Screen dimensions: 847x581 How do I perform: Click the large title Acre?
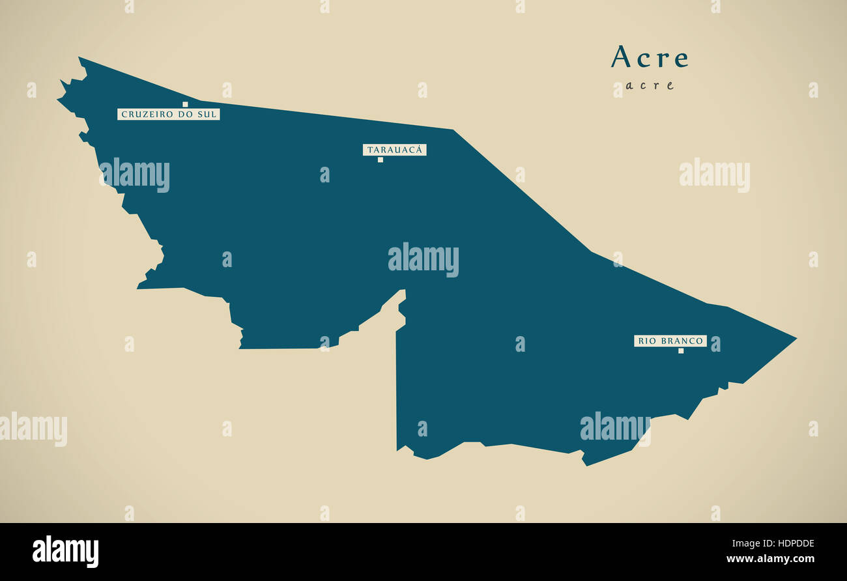pos(650,57)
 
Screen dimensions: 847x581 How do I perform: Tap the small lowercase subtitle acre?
pos(649,85)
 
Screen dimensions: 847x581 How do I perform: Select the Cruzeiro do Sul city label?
pos(168,115)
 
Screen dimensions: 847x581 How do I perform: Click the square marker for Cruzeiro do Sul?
pos(185,104)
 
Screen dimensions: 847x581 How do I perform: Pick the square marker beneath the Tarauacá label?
pos(380,160)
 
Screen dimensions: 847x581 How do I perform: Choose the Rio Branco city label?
pos(670,341)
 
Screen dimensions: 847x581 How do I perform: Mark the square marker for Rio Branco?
pos(681,351)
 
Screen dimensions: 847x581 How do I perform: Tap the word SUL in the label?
pos(207,115)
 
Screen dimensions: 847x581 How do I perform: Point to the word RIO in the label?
pos(646,341)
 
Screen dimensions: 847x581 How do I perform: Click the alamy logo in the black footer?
pos(65,552)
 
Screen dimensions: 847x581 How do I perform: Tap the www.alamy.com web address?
pos(769,559)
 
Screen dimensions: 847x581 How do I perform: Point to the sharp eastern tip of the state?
pos(795,338)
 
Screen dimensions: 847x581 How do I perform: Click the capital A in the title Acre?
pos(621,57)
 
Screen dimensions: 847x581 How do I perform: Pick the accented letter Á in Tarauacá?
pos(420,150)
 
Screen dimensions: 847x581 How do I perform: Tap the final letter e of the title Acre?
pos(682,59)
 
